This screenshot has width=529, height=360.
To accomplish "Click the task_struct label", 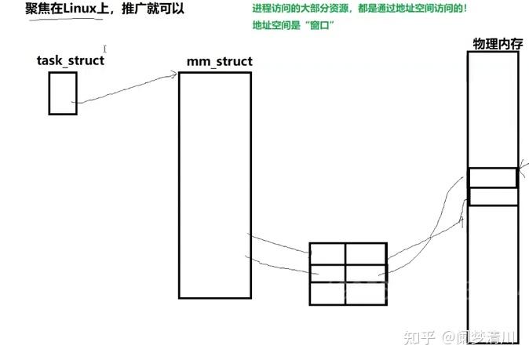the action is (70, 60).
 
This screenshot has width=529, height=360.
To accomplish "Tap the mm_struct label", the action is (219, 61).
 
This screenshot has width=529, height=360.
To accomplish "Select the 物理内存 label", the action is (498, 43).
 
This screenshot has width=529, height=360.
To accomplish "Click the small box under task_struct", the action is (63, 93).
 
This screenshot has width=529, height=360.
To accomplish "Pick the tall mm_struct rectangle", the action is (214, 185).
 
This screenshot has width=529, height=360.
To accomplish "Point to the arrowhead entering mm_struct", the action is (173, 75).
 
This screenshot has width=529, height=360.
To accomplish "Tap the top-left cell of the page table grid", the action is (327, 253).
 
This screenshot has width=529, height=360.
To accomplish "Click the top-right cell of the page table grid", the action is (365, 253).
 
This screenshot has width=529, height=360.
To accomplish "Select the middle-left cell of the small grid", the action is (327, 273).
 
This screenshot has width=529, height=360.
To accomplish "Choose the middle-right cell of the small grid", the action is (365, 273).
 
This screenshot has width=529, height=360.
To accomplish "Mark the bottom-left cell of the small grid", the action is (327, 293).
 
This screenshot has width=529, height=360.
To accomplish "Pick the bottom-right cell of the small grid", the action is (365, 293).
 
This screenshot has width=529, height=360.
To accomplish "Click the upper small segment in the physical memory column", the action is (493, 177).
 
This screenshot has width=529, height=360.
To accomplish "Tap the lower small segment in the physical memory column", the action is (493, 196).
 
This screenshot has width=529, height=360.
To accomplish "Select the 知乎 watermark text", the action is (417, 338).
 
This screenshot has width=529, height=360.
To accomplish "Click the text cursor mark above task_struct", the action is (104, 49).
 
